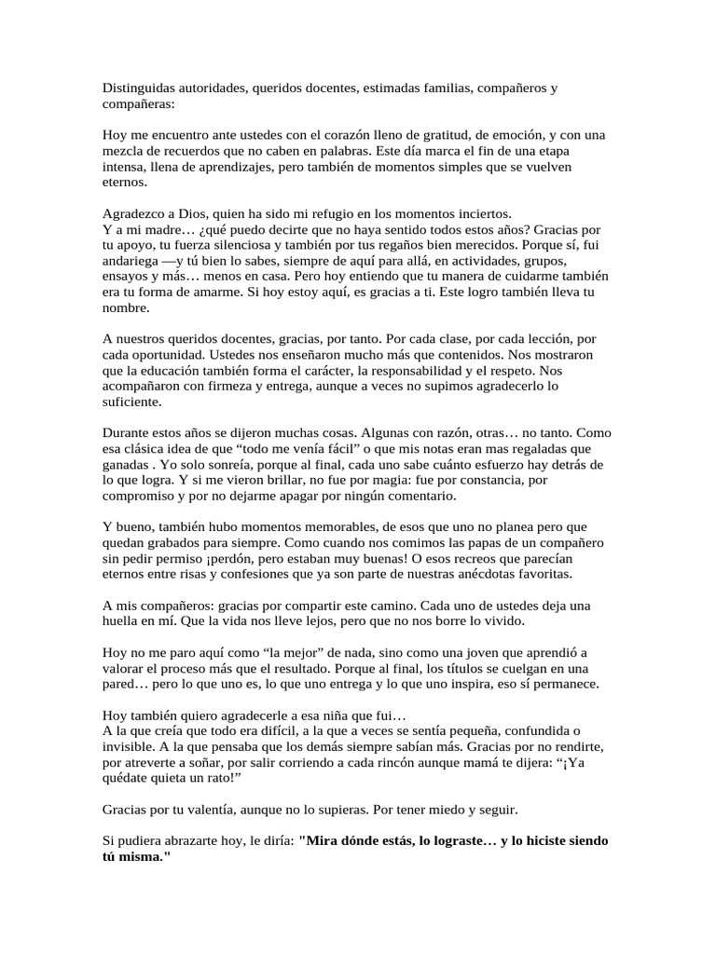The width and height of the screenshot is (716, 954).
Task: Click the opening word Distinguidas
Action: tap(139, 89)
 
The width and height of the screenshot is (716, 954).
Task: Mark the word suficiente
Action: tap(132, 402)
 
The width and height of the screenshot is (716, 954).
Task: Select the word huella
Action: tap(122, 620)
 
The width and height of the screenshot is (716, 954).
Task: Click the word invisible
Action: tap(130, 746)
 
